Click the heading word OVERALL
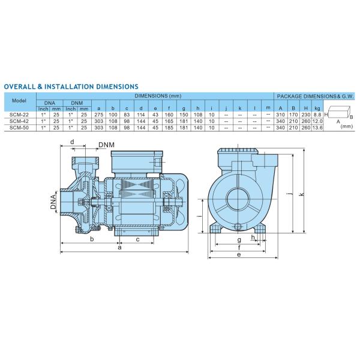click(20, 87)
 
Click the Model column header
click(20, 100)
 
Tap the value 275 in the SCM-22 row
click(99, 115)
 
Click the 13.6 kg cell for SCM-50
click(317, 128)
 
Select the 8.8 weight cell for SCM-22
click(317, 115)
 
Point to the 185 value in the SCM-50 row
click(169, 128)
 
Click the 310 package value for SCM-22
click(280, 115)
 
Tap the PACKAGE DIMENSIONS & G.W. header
click(315, 95)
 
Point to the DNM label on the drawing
click(107, 145)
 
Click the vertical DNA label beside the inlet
click(53, 200)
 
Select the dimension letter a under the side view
click(119, 247)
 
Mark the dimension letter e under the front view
click(239, 255)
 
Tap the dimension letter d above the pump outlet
click(72, 142)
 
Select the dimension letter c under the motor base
click(137, 239)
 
